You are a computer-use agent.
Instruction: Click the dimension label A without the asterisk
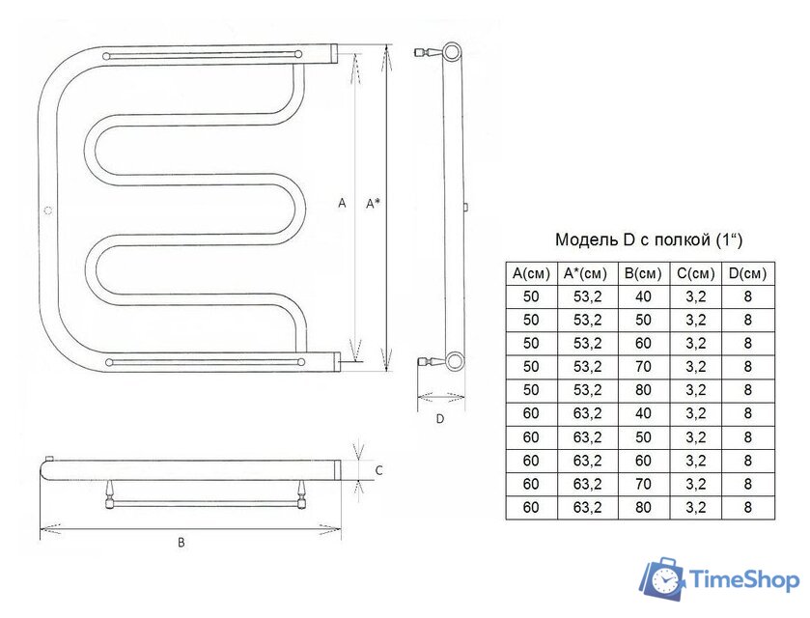tap(342, 203)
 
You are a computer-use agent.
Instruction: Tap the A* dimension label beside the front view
tap(373, 204)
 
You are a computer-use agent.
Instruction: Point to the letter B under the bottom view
tap(182, 543)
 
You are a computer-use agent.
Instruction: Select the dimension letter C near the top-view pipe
tap(379, 470)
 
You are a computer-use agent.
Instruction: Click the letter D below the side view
tap(440, 418)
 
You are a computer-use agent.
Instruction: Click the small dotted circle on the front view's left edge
tap(48, 211)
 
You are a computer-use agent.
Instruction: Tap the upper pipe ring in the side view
tap(453, 52)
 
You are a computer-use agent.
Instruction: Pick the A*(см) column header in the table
tap(587, 273)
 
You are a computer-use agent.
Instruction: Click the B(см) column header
tap(643, 273)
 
